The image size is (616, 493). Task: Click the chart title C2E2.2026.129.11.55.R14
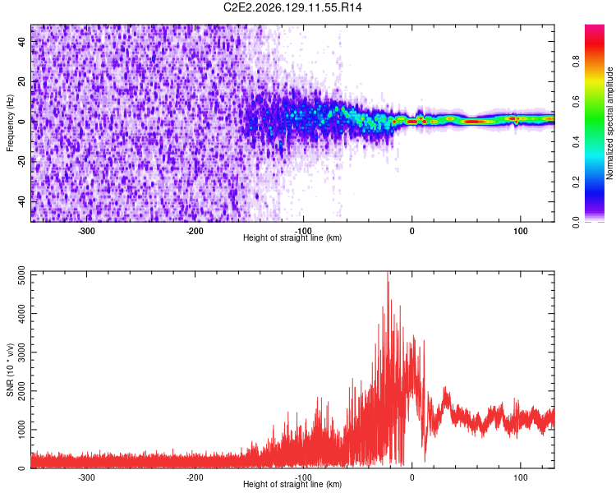pyautogui.click(x=292, y=7)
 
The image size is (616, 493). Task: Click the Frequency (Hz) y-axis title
pyautogui.click(x=10, y=123)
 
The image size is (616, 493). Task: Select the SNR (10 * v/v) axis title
pyautogui.click(x=10, y=370)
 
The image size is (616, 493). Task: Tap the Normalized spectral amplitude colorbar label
pyautogui.click(x=609, y=123)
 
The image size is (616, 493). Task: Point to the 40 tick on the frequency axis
pyautogui.click(x=22, y=41)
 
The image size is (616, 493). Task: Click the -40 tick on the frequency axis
pyautogui.click(x=22, y=200)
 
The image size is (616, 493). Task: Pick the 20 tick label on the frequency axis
pyautogui.click(x=22, y=81)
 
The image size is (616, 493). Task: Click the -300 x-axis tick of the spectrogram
pyautogui.click(x=86, y=231)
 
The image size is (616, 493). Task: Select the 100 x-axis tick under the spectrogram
pyautogui.click(x=520, y=231)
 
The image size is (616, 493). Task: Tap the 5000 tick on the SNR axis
pyautogui.click(x=22, y=275)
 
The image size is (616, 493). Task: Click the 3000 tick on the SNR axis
pyautogui.click(x=22, y=352)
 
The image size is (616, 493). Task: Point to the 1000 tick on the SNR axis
pyautogui.click(x=22, y=429)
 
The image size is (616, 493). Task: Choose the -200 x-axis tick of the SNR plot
pyautogui.click(x=195, y=477)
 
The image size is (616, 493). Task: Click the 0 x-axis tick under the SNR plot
pyautogui.click(x=411, y=477)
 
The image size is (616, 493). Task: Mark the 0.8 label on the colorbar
pyautogui.click(x=576, y=62)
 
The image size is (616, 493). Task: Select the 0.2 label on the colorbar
pyautogui.click(x=576, y=182)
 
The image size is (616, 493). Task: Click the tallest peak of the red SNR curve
pyautogui.click(x=388, y=272)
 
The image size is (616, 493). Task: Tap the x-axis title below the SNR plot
pyautogui.click(x=292, y=484)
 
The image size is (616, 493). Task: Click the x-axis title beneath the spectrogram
pyautogui.click(x=292, y=237)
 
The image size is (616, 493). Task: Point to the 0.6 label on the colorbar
pyautogui.click(x=576, y=101)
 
